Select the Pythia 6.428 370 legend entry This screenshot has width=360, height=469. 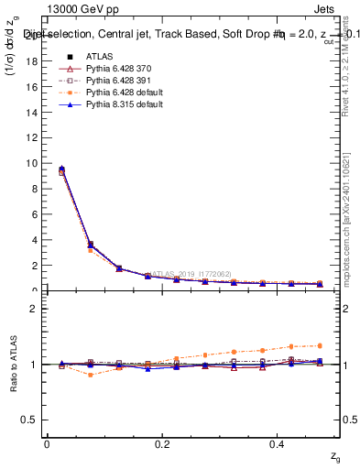(x=116, y=69)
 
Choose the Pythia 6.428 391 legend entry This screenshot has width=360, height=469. (x=116, y=81)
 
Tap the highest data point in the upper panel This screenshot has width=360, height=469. (x=61, y=169)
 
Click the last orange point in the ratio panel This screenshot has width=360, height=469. (x=320, y=345)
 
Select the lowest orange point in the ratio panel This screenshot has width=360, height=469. (x=90, y=375)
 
